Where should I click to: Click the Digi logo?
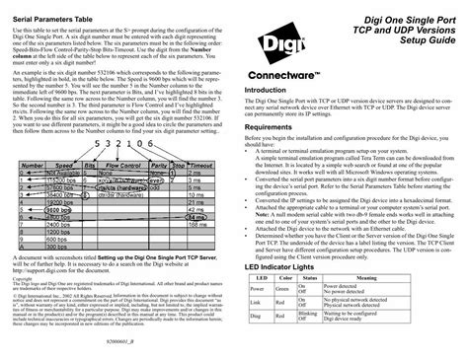(280, 50)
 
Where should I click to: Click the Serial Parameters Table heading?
(63, 20)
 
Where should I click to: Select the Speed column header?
(65, 167)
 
